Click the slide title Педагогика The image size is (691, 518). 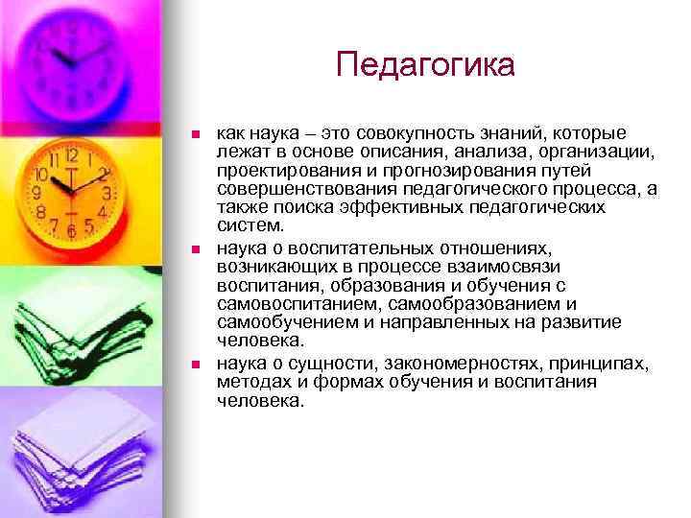(x=425, y=64)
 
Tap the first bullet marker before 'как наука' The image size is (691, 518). (x=195, y=133)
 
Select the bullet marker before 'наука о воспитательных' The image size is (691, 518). (x=195, y=248)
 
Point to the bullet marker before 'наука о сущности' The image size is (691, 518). (x=195, y=365)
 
